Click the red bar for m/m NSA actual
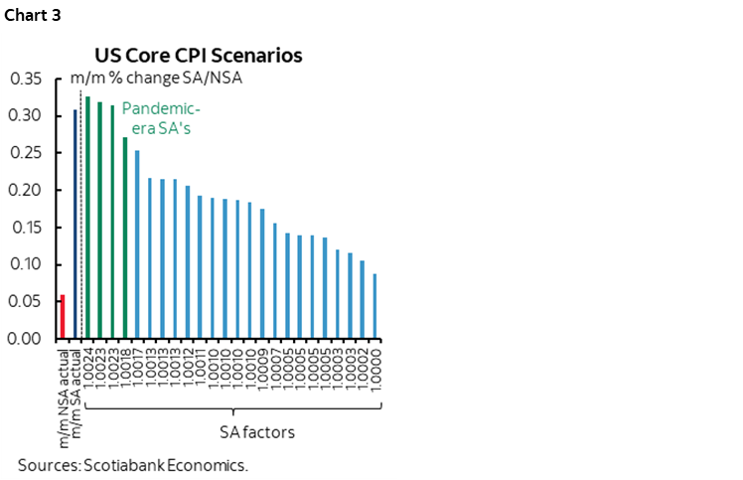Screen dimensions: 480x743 pos(62,316)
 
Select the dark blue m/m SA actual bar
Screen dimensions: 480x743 pos(74,224)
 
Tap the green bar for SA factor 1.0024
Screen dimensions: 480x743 pos(87,218)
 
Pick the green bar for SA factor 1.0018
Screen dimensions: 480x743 pos(125,238)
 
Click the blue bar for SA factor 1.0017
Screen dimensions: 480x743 pos(137,244)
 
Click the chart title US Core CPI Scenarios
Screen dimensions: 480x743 pos(199,55)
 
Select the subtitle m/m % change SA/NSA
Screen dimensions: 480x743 pos(156,78)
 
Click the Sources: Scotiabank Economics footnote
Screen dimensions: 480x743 pos(132,465)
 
